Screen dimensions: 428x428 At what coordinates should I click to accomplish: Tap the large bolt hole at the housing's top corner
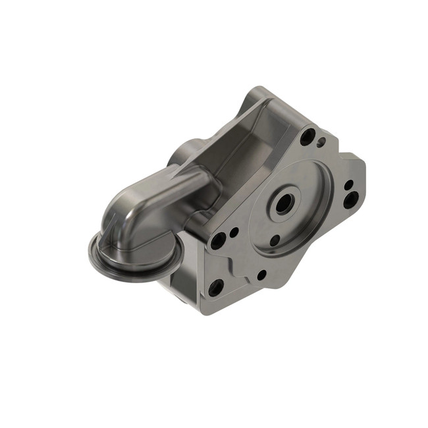[307, 137]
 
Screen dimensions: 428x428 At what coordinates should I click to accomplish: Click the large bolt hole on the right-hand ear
[351, 198]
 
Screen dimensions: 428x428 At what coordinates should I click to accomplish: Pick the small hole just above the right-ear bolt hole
[348, 184]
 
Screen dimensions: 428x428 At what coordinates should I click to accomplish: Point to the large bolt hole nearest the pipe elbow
[218, 240]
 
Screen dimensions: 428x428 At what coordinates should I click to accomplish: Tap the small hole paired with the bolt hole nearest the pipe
[234, 232]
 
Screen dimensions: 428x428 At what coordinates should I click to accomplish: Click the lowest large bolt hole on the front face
[215, 286]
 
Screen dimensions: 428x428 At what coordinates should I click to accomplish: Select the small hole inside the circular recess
[275, 240]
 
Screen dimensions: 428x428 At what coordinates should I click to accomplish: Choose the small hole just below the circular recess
[261, 275]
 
